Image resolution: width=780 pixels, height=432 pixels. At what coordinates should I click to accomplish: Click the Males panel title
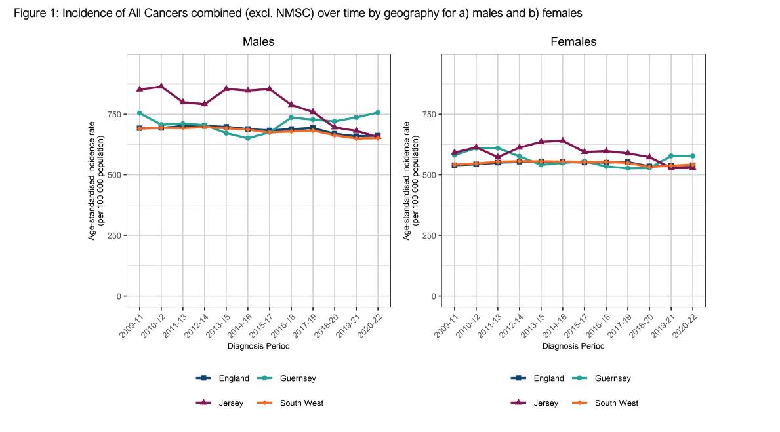(x=258, y=42)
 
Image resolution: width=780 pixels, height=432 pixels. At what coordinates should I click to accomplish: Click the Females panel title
(x=573, y=42)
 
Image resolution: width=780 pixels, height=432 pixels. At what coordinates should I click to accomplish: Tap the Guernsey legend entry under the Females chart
(x=613, y=378)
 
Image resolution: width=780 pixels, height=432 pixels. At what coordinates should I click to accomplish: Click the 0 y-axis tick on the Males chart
(x=119, y=296)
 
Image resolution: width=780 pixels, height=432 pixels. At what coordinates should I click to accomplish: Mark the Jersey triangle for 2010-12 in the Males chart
(x=161, y=87)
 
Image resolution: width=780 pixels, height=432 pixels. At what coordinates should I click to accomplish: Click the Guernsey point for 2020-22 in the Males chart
(x=378, y=113)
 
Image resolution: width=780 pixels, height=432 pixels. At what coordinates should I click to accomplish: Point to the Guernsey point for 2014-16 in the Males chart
(x=248, y=138)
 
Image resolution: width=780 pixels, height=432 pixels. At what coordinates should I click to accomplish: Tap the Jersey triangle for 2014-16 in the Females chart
(x=562, y=140)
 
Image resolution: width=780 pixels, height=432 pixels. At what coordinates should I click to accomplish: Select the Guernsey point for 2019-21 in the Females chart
(x=671, y=156)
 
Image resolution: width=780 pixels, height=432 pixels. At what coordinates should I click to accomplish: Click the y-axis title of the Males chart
(x=96, y=175)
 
